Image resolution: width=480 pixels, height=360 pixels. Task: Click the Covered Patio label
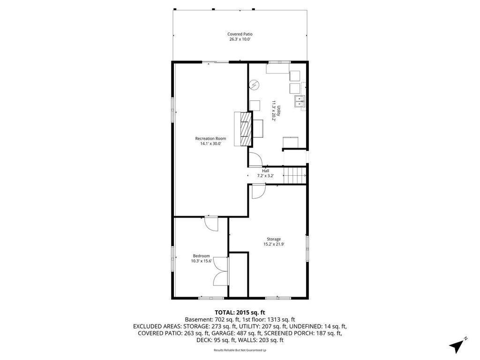coord(240,34)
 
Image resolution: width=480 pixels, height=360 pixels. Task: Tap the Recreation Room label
coord(210,139)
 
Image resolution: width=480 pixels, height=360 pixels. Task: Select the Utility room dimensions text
coord(274,111)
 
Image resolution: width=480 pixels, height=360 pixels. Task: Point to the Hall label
coord(265,171)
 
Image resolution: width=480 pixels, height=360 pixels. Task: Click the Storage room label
coord(274,240)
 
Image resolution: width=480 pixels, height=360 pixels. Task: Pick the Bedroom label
coord(202,256)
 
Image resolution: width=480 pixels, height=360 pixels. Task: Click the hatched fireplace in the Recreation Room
coord(247,129)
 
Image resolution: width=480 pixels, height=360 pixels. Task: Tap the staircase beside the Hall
coord(295,175)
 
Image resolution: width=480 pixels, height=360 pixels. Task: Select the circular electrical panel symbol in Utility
coord(254,85)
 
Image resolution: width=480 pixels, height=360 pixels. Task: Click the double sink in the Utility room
coord(300,101)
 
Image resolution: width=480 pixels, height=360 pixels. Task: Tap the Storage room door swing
coord(258,192)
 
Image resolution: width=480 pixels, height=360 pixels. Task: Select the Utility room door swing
coord(255,159)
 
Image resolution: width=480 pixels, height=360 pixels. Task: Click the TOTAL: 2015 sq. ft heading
coord(240,313)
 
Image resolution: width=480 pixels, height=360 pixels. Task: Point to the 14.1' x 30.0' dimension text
coord(210,143)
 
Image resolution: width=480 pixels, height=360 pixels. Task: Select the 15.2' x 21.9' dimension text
coord(274,244)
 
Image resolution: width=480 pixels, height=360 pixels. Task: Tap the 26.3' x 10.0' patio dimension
coord(240,39)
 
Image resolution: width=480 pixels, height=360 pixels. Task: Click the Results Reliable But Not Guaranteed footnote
coord(240,350)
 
